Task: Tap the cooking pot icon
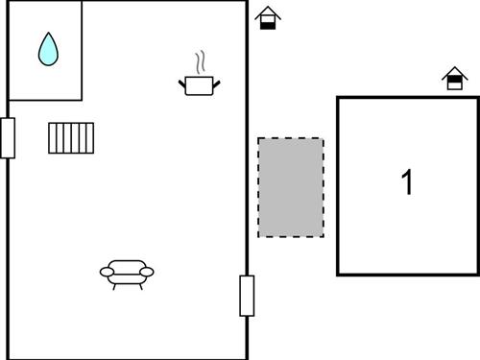click(x=200, y=85)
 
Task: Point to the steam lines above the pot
click(x=200, y=63)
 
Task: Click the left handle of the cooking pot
click(x=182, y=85)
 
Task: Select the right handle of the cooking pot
click(x=217, y=85)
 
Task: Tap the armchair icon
click(x=127, y=273)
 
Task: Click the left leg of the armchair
click(x=113, y=285)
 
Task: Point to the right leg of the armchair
click(x=140, y=285)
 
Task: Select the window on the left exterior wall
click(x=7, y=137)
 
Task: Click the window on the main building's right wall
click(x=247, y=296)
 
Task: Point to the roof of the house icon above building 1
click(x=454, y=72)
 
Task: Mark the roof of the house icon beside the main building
click(x=268, y=12)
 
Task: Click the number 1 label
click(x=407, y=181)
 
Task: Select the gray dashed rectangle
click(x=291, y=187)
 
